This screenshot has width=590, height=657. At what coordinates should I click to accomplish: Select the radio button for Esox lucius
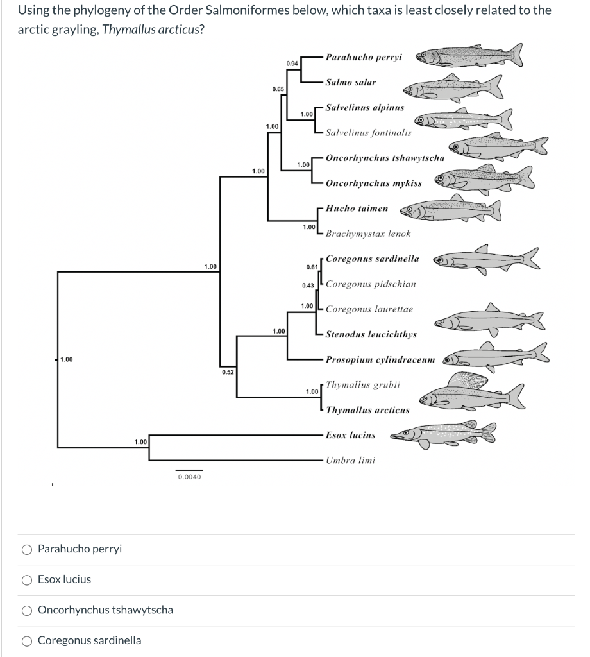[x=28, y=579]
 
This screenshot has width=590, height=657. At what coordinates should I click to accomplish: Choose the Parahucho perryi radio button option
[x=28, y=549]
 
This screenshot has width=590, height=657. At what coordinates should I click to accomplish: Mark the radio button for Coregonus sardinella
[x=28, y=640]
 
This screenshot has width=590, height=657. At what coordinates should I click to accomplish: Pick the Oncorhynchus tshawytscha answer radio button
[x=28, y=610]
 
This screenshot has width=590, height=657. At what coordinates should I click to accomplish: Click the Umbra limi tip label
[x=350, y=460]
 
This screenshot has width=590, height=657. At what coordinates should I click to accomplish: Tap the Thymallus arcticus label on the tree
[x=367, y=410]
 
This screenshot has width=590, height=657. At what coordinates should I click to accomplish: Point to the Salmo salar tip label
[x=350, y=82]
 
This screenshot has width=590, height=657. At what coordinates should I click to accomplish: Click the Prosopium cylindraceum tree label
[x=380, y=359]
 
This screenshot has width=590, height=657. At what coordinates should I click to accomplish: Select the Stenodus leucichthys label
[x=371, y=334]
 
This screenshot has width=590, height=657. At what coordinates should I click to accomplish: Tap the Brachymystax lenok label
[x=367, y=234]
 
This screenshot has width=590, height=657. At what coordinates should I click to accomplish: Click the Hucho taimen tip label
[x=357, y=209]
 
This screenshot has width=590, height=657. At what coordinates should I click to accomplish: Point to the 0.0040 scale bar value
[x=189, y=477]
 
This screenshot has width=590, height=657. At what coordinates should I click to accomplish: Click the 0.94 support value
[x=292, y=64]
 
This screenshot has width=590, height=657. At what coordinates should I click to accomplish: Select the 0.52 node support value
[x=228, y=371]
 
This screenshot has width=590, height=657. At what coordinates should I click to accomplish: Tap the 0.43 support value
[x=307, y=284]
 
